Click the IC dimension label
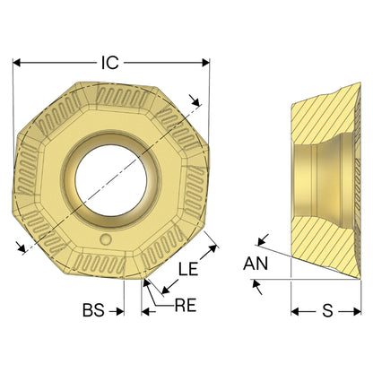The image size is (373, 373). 110,63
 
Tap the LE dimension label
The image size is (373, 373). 188,269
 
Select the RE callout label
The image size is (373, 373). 186,306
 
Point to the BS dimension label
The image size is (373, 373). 93,310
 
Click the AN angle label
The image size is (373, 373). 256,264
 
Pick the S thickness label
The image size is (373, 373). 327,311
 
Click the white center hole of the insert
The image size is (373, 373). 111,180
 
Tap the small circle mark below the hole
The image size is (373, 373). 106,239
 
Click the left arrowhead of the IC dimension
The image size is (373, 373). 17,63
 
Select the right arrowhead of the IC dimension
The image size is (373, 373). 205,63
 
